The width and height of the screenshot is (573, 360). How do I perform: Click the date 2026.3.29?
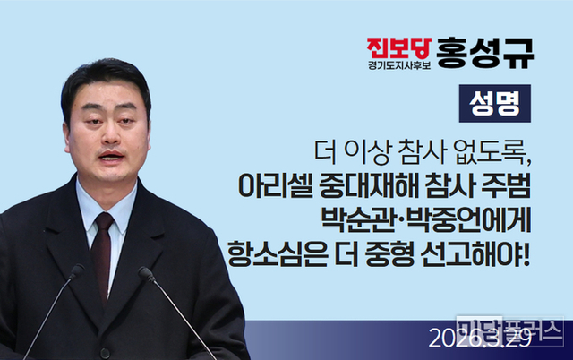[468, 339]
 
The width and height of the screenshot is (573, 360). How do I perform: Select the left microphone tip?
[76, 270]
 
